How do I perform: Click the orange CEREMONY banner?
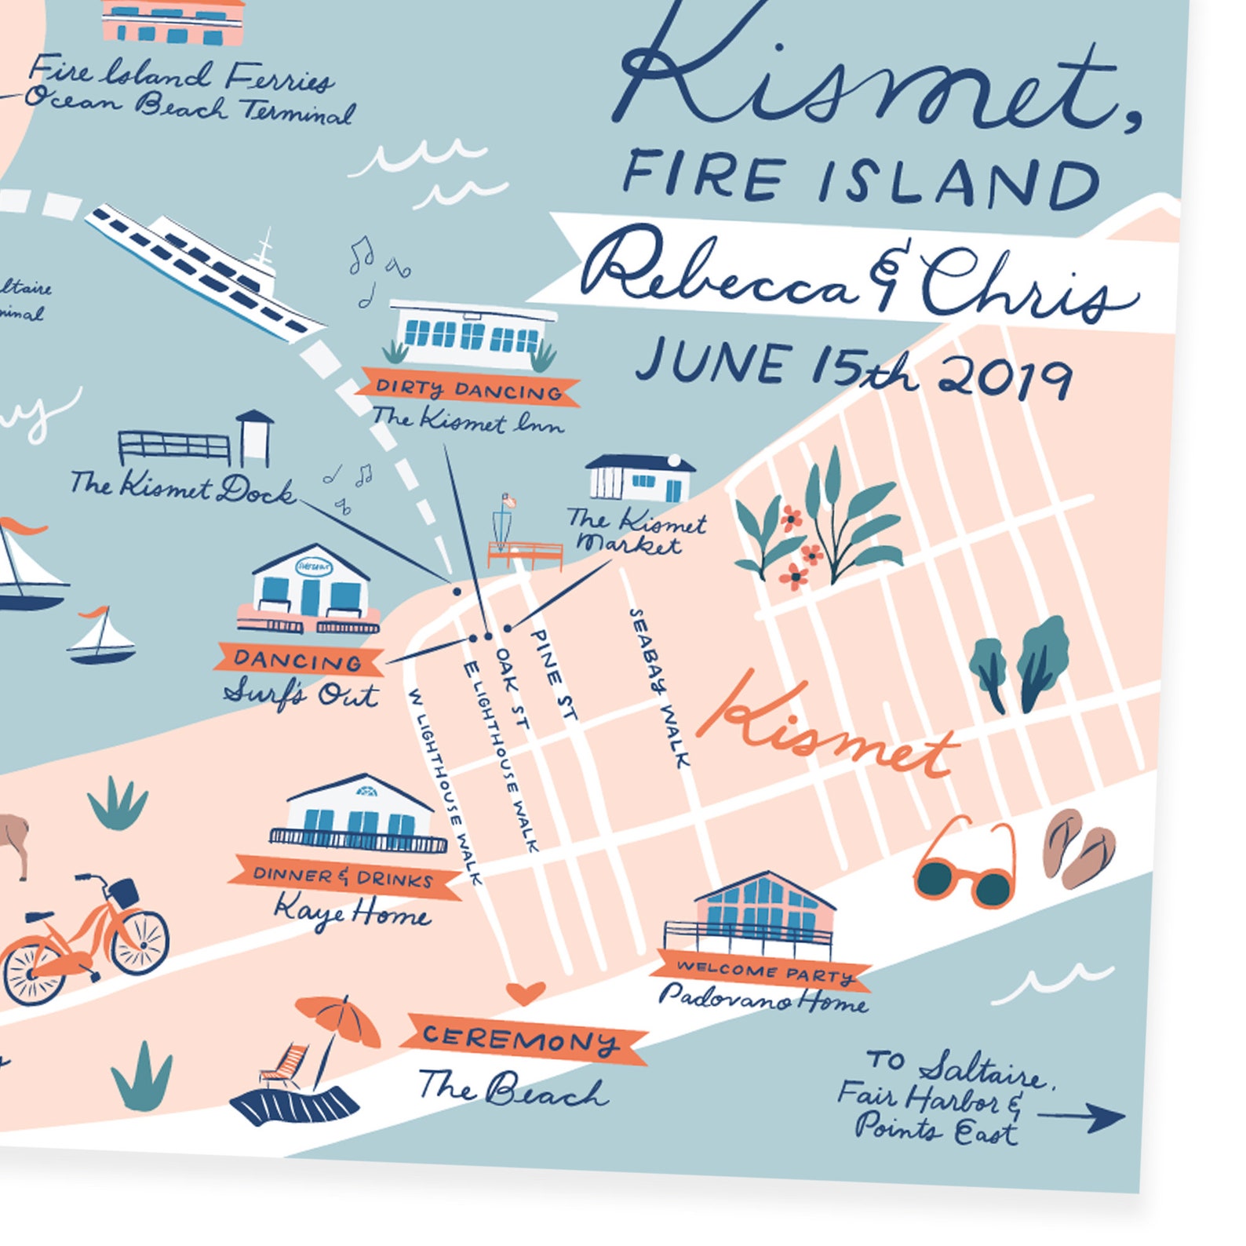(522, 1040)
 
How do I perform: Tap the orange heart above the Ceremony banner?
(524, 993)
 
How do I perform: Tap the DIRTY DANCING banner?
(469, 389)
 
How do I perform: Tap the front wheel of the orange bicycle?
(139, 942)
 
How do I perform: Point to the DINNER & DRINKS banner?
(343, 877)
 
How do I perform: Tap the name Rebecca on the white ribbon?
(718, 275)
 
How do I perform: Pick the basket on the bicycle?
(122, 891)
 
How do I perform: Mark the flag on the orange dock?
(508, 500)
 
